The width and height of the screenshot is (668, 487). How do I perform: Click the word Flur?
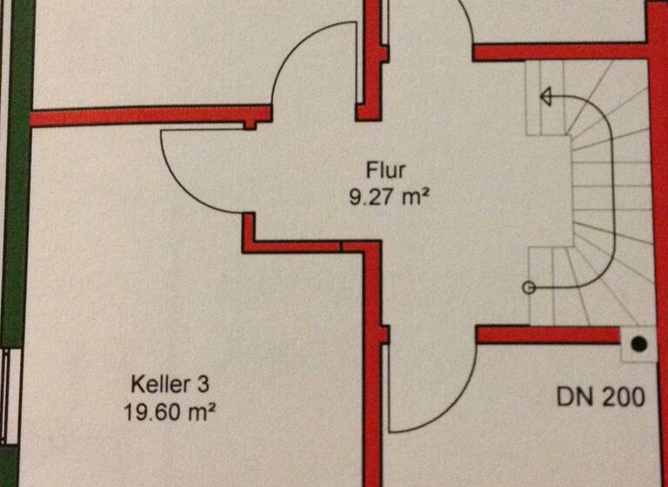385,170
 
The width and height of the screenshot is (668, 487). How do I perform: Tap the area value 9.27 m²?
389,197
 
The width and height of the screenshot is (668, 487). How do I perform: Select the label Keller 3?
170,384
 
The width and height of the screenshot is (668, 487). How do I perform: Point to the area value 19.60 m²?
169,412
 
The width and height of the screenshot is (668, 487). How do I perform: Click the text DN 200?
601,397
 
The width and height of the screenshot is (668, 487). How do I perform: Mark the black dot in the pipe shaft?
638,344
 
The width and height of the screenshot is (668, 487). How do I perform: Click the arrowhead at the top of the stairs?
545,96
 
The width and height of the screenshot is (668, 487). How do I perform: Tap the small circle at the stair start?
529,288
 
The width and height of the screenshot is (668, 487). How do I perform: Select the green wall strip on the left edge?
17,170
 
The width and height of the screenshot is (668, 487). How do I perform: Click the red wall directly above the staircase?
560,51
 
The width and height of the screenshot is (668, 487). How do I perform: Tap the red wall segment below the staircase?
547,335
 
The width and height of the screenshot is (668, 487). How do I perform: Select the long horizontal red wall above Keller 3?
151,116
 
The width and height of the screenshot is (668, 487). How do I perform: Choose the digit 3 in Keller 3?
204,384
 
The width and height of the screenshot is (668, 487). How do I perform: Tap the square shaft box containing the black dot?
638,344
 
